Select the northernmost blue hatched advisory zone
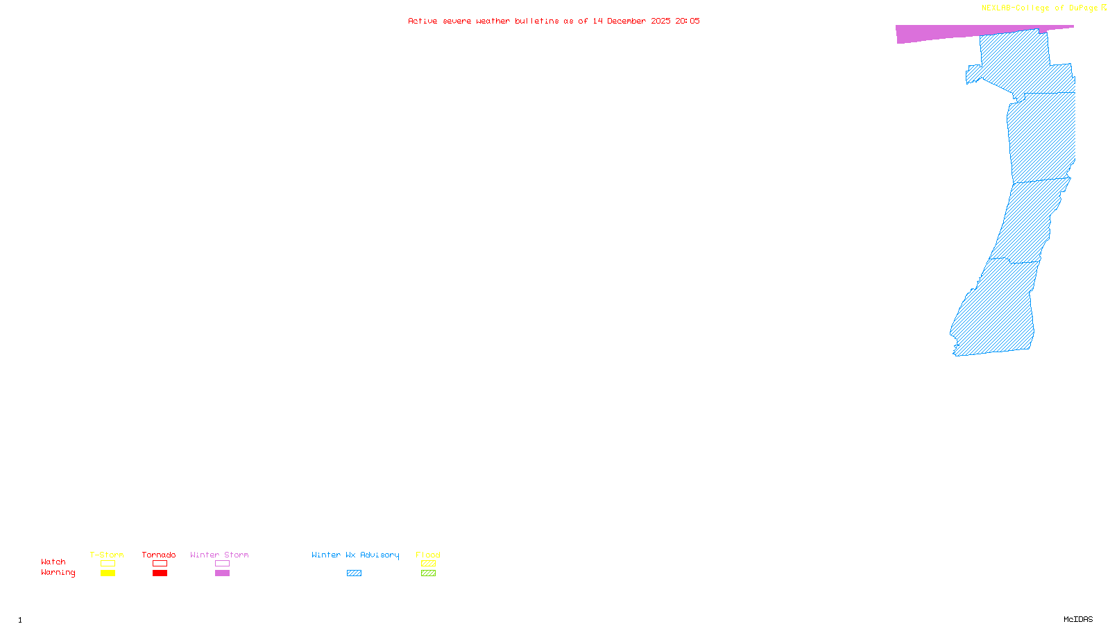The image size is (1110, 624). [x=1020, y=62]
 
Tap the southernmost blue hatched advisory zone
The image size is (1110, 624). [x=999, y=312]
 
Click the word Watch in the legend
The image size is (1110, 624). [x=53, y=562]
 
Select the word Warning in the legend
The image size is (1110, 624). [x=58, y=573]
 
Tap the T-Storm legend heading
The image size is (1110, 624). [x=107, y=555]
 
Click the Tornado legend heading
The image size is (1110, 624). [x=159, y=555]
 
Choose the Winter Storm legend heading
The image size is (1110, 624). [x=219, y=555]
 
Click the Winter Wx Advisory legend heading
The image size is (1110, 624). [x=355, y=555]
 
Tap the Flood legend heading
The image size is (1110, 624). [x=428, y=555]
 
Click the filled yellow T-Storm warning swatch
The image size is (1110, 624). [x=108, y=573]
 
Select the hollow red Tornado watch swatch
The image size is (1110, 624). [x=160, y=564]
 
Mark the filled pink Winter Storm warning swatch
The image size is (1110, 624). [x=222, y=573]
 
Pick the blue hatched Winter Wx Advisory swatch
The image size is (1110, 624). [x=354, y=573]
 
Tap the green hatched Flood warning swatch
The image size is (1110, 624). [x=428, y=573]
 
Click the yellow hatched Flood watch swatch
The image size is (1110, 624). [x=428, y=564]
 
